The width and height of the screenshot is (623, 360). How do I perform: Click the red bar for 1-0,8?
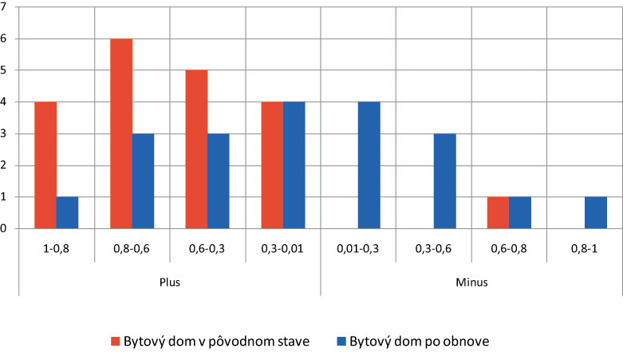point(45,165)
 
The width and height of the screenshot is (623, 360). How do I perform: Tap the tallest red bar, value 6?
point(121,133)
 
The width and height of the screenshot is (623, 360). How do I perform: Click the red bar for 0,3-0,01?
point(272,165)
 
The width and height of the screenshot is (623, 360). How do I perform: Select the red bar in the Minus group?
point(499,212)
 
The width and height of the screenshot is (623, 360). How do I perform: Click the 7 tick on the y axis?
point(4,7)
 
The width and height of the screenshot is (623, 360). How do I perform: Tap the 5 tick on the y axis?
point(4,70)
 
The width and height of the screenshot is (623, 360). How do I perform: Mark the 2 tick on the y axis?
point(4,165)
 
